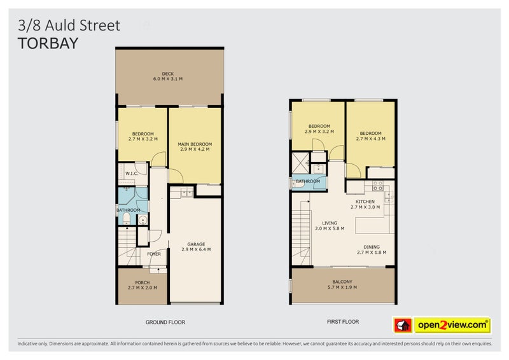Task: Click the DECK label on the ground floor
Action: (x=168, y=74)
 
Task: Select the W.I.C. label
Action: (x=132, y=173)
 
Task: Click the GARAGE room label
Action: (x=196, y=244)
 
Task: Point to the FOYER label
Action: (x=154, y=254)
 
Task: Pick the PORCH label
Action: (x=143, y=282)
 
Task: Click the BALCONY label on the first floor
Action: (x=342, y=282)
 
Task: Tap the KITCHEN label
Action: (x=365, y=202)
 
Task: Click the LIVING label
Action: (x=329, y=223)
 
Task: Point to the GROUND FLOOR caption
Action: (x=165, y=322)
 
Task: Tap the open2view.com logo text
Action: (x=452, y=326)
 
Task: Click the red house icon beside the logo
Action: (x=403, y=326)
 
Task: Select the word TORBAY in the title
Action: (x=48, y=43)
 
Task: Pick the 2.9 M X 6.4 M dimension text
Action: (x=196, y=249)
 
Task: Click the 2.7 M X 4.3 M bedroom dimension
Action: (x=370, y=139)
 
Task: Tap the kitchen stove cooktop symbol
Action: (x=377, y=186)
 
